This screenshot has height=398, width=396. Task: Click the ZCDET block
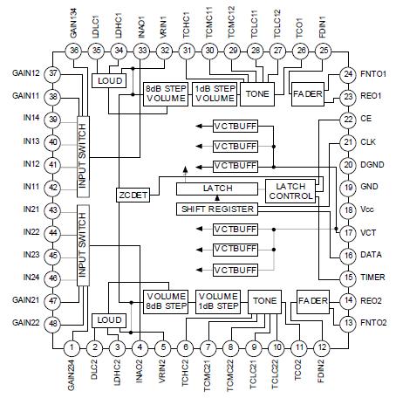pyautogui.click(x=134, y=196)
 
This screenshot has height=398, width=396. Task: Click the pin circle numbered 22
pyautogui.click(x=347, y=119)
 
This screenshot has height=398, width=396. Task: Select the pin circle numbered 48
pyautogui.click(x=53, y=324)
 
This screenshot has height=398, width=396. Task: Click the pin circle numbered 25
pyautogui.click(x=325, y=51)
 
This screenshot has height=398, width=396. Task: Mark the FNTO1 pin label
pyautogui.click(x=377, y=73)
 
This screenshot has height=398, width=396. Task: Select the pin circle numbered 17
pyautogui.click(x=347, y=232)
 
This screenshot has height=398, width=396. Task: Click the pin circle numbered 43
pyautogui.click(x=53, y=210)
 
